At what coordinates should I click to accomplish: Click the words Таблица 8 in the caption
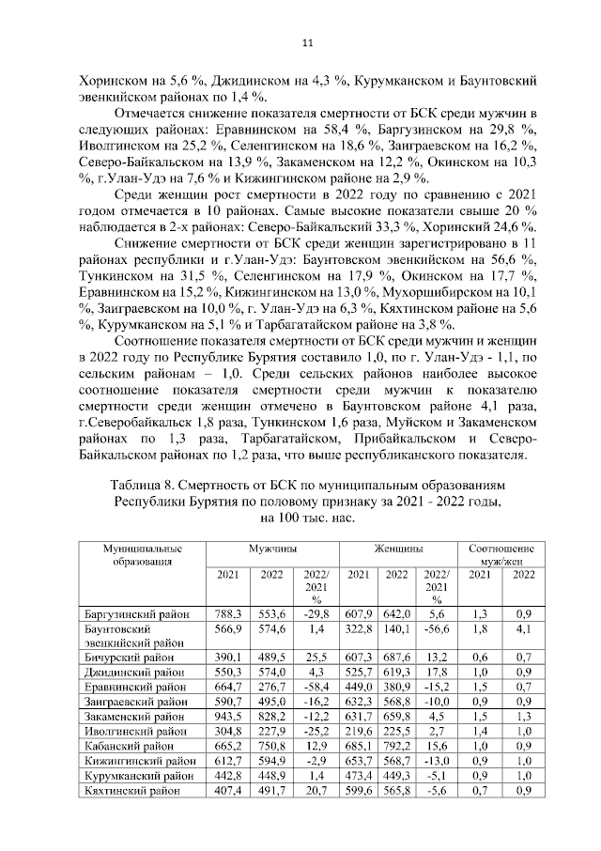pos(140,487)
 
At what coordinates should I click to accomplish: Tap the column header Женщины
pos(397,547)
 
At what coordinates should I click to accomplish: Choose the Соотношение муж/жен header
pos(501,554)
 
